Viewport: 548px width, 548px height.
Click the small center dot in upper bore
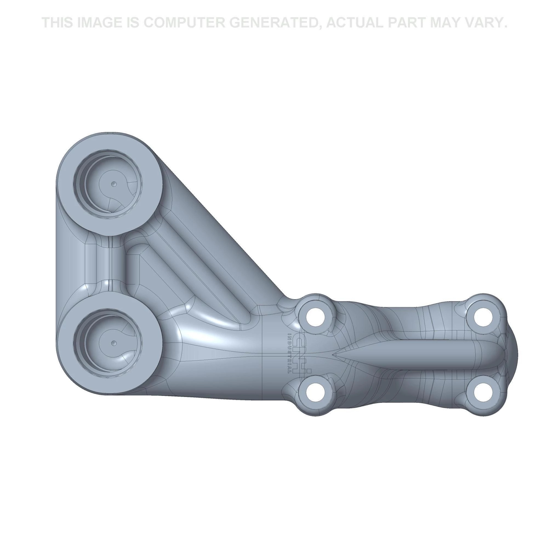point(114,184)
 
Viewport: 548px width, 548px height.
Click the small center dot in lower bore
point(114,343)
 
